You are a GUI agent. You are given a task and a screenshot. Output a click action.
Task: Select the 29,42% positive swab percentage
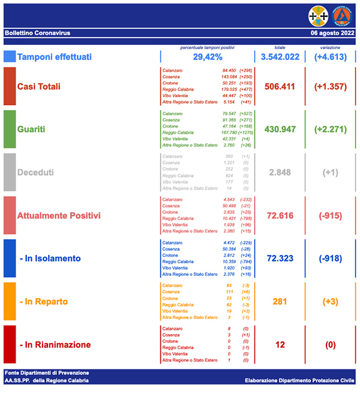point(207,57)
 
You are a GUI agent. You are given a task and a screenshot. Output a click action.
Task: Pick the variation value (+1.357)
point(330,86)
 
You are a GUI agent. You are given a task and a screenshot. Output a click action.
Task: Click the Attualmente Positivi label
point(59,215)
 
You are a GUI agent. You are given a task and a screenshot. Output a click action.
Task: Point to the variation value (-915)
point(330,215)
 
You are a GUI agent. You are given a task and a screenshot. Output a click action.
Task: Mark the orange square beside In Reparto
point(10,302)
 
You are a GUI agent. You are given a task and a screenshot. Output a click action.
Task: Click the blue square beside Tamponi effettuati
point(10,57)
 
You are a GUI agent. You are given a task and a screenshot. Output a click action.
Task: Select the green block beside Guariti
point(10,129)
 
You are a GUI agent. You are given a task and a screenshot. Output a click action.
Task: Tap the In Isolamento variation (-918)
point(330,258)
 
